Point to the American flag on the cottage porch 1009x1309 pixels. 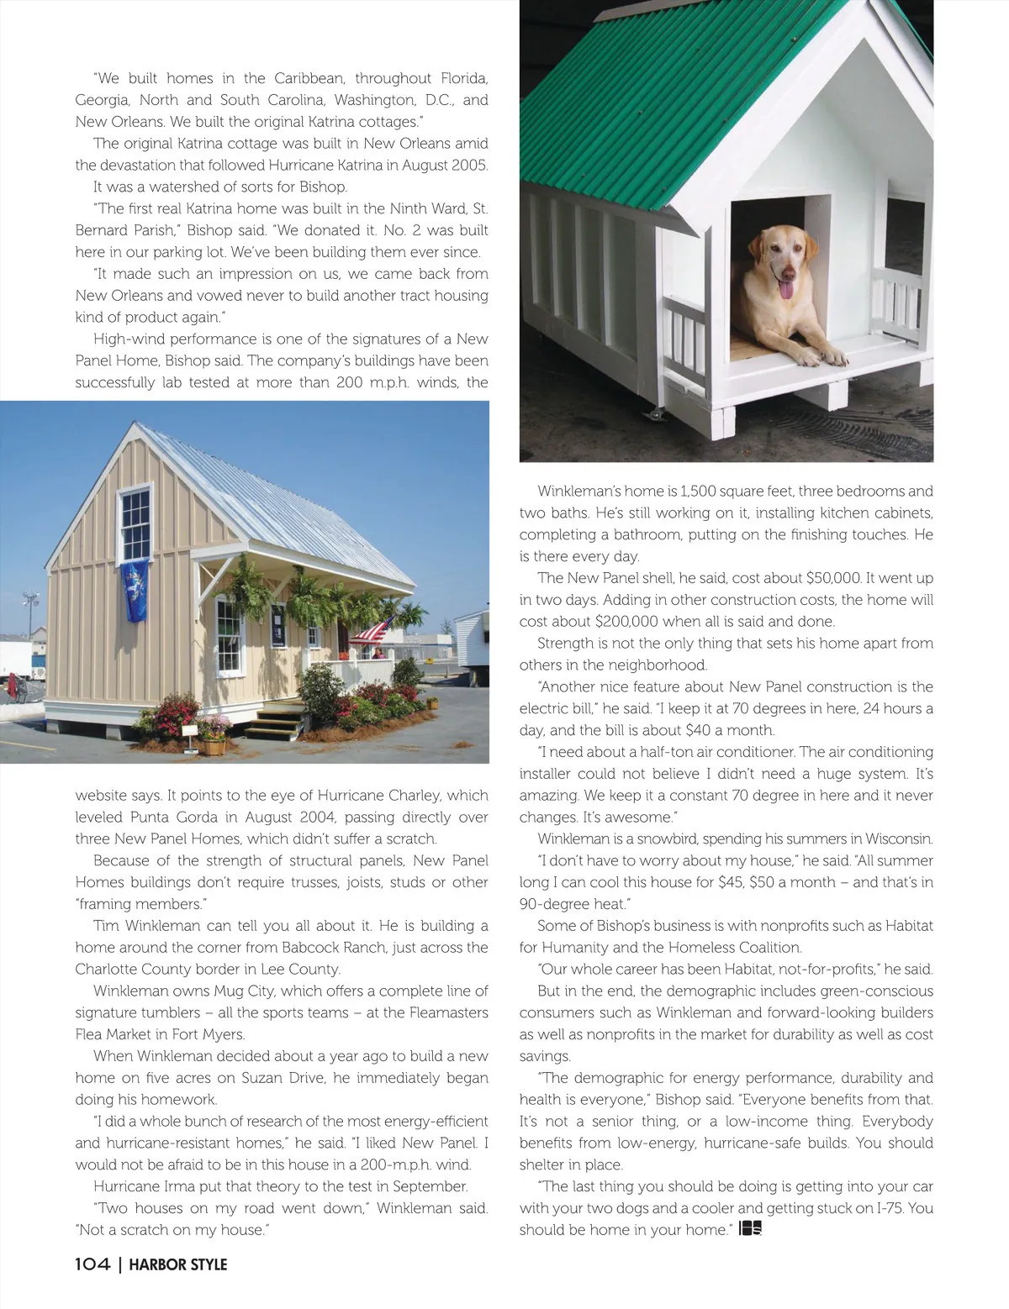click(372, 628)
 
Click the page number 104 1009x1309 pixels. click(92, 1264)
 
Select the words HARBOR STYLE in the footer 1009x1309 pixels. click(178, 1264)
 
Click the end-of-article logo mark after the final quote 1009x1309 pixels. click(750, 1230)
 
